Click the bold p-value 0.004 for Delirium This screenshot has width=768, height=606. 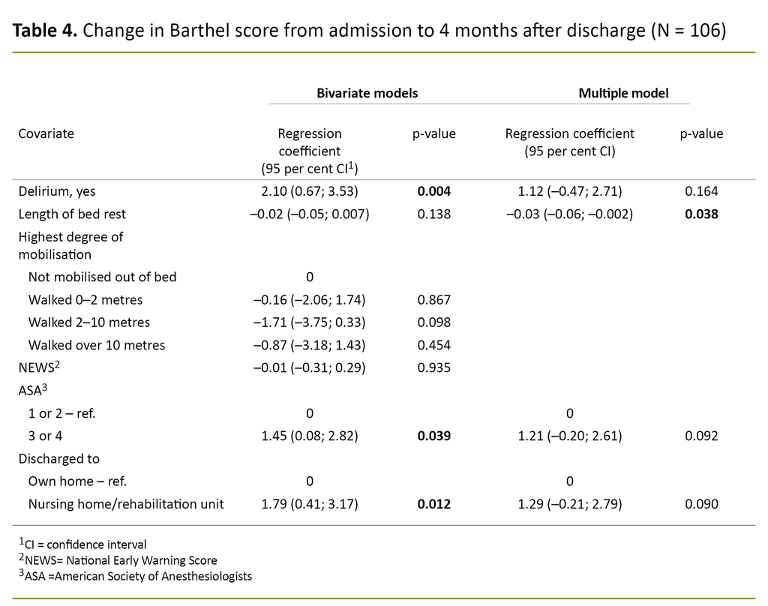click(433, 191)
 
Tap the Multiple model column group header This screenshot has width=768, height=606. click(623, 93)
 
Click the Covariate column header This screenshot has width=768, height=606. click(46, 133)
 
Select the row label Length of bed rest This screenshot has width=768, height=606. click(72, 214)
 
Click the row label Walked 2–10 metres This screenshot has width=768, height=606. click(88, 322)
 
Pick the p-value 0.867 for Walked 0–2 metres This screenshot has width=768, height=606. click(433, 300)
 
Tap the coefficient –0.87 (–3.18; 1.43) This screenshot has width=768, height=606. click(309, 345)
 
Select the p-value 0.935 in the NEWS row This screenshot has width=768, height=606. click(433, 367)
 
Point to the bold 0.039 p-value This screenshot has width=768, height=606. click(433, 436)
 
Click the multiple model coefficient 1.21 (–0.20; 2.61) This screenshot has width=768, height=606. click(569, 436)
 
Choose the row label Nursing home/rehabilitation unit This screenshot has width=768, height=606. click(126, 504)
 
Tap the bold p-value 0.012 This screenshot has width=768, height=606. click(433, 504)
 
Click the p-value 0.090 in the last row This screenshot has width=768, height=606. click(701, 504)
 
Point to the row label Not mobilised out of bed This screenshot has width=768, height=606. click(102, 277)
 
